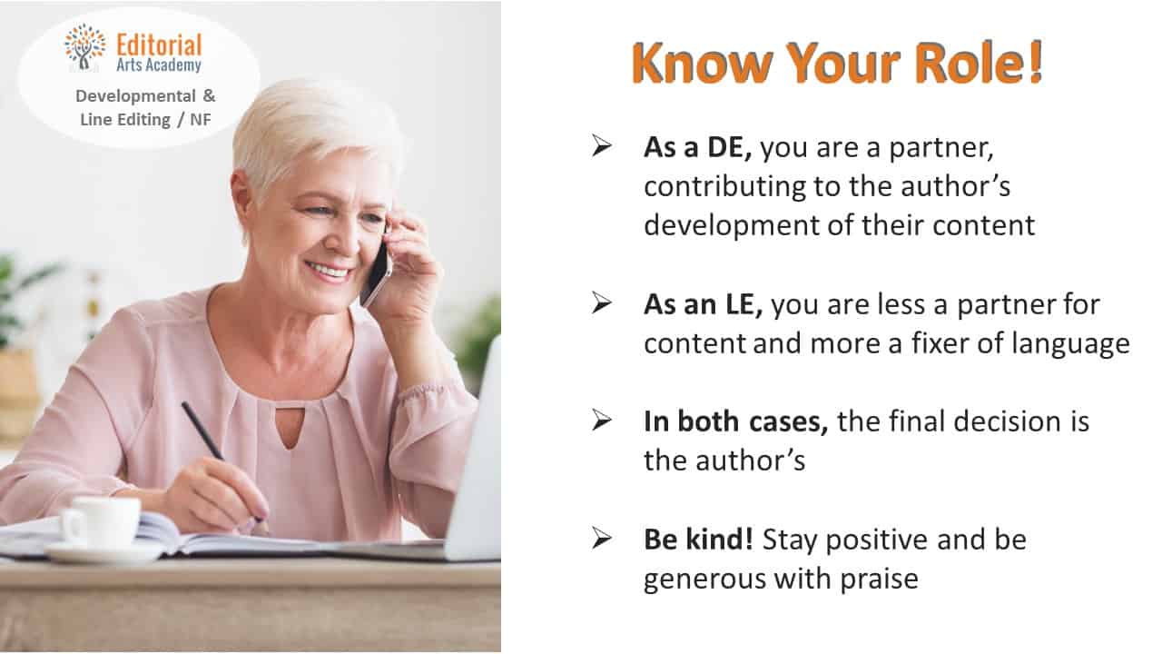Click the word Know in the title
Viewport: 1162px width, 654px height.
702,63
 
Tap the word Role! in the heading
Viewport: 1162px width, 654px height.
979,63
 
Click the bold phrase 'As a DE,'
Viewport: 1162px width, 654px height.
698,147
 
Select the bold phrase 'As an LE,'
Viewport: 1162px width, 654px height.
704,304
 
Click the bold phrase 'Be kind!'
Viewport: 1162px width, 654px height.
698,539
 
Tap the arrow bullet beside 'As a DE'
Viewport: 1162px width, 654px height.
602,146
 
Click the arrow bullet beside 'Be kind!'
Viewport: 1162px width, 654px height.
602,539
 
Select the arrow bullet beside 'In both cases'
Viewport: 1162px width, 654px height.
602,421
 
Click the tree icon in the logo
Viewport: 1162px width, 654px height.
84,47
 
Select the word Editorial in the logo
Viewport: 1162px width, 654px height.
159,45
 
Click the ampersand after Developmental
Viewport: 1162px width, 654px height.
209,95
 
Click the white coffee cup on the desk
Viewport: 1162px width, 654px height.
101,521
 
